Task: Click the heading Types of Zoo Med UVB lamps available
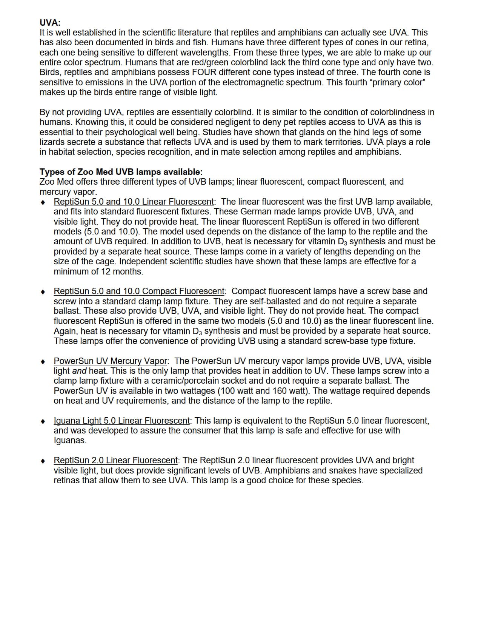121,172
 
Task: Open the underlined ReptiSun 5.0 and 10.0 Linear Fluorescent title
134,202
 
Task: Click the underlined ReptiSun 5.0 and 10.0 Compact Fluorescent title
139,291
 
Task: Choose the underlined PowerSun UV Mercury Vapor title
111,361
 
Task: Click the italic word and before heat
79,371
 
